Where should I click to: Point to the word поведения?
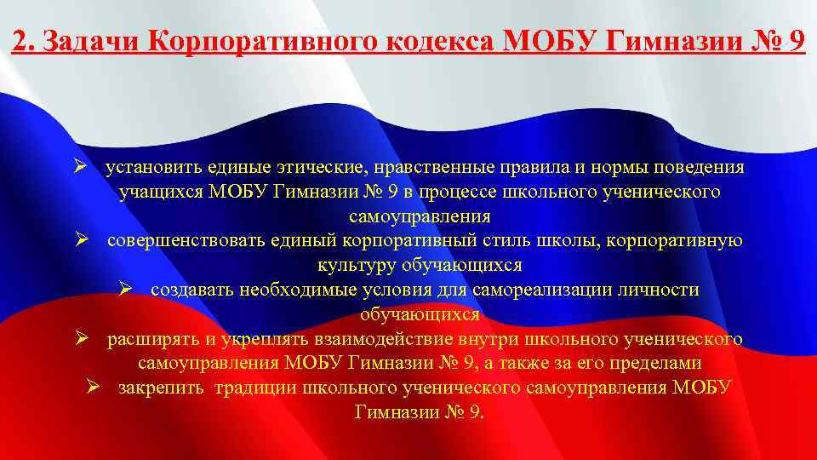[x=694, y=167]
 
